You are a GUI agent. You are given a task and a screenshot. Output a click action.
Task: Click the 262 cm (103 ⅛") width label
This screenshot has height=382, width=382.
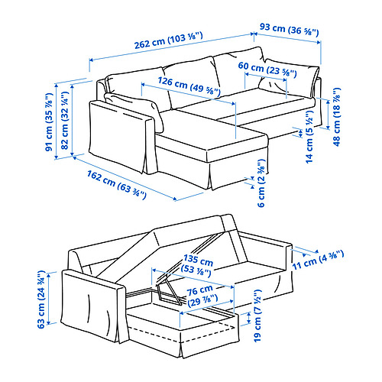click(169, 40)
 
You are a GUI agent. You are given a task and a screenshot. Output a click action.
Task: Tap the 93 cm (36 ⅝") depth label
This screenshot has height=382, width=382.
click(289, 29)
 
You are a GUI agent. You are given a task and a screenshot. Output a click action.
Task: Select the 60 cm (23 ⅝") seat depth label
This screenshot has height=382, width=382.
click(267, 69)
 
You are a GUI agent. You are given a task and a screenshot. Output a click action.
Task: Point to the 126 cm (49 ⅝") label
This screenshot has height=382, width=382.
click(189, 86)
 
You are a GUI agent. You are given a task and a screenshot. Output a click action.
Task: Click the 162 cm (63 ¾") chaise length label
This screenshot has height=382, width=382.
click(117, 185)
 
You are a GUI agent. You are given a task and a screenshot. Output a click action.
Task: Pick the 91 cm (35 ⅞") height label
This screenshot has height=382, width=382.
click(49, 122)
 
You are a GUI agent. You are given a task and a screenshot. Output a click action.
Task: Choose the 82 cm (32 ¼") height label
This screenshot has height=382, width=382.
click(65, 121)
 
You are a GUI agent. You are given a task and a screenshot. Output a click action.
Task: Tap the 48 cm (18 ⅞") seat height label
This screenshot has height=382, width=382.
click(337, 117)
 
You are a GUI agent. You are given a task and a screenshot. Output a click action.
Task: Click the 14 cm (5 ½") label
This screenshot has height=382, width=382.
click(309, 137)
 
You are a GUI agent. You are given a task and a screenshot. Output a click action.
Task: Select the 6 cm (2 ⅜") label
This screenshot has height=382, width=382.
click(261, 183)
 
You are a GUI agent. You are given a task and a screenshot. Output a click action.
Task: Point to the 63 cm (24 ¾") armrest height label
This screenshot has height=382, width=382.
click(41, 299)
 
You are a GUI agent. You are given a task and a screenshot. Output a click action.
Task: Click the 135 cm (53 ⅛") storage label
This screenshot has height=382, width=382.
click(198, 266)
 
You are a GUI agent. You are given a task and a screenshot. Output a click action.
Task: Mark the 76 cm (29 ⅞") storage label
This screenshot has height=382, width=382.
click(202, 296)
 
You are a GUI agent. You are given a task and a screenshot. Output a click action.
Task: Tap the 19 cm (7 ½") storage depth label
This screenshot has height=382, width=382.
click(257, 316)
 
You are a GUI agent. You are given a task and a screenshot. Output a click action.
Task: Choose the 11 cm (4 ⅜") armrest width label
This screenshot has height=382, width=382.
click(318, 261)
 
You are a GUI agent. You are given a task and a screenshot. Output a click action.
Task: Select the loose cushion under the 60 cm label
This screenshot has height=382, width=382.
click(289, 78)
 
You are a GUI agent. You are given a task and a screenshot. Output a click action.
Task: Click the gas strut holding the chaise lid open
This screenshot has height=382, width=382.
click(169, 290)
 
